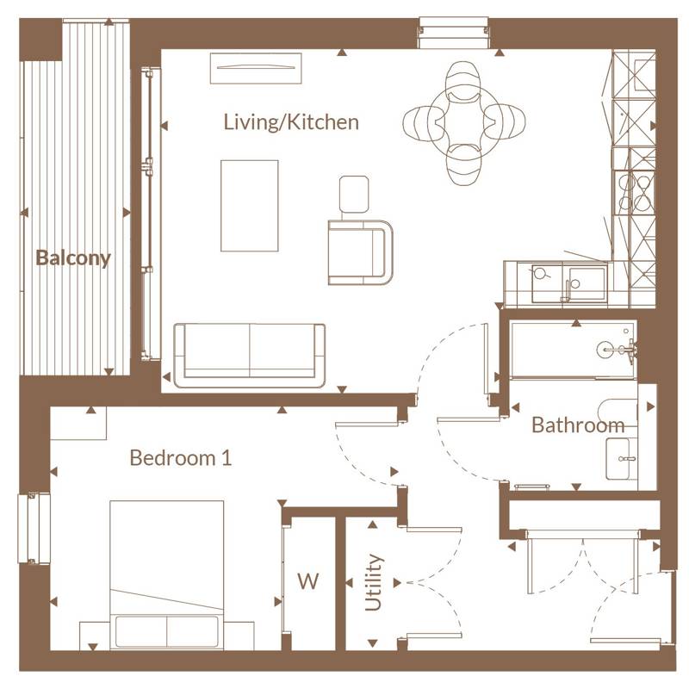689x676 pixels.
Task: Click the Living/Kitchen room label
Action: tap(291, 122)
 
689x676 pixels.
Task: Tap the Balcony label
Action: tap(73, 257)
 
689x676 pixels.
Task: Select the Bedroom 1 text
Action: tap(181, 457)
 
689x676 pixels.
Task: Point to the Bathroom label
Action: tap(578, 425)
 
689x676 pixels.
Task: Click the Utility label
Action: tap(373, 582)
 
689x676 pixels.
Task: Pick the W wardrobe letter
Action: tap(308, 581)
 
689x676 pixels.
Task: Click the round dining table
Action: tap(463, 123)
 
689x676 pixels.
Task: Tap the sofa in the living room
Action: tap(250, 356)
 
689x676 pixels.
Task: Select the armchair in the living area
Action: tap(360, 252)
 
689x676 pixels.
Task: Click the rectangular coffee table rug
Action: tap(249, 206)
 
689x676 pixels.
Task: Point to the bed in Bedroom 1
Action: tap(166, 574)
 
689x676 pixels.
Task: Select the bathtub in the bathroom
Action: tap(573, 350)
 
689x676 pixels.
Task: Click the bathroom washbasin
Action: tap(621, 459)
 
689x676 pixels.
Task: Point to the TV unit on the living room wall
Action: tap(256, 68)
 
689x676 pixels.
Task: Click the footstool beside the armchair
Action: tap(354, 193)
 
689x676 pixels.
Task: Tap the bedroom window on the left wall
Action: tap(34, 529)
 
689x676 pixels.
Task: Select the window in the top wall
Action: tap(454, 32)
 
